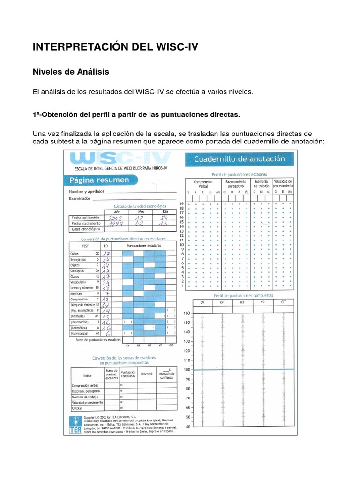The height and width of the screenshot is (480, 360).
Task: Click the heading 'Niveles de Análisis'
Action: click(x=70, y=72)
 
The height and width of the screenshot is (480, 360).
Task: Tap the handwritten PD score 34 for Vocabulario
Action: click(x=106, y=283)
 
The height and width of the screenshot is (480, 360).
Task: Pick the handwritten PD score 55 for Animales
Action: click(x=106, y=316)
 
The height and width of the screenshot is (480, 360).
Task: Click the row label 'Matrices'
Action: click(x=76, y=293)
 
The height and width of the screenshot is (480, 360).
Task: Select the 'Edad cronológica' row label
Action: click(x=85, y=229)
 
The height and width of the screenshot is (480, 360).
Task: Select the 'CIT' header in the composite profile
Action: click(x=284, y=302)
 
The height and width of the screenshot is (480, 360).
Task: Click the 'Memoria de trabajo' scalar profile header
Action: click(x=262, y=183)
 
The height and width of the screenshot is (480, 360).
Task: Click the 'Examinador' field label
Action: click(x=80, y=199)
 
